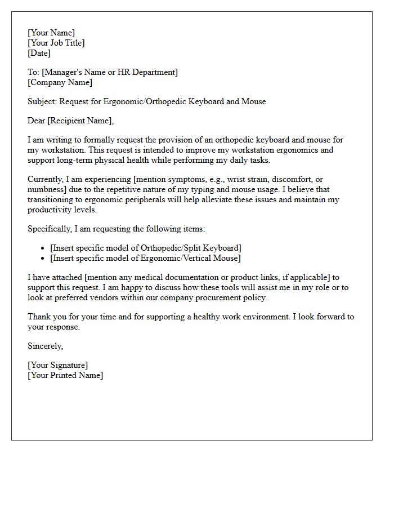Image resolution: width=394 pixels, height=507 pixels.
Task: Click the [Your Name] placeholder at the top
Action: (x=51, y=33)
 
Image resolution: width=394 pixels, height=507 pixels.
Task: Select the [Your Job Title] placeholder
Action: (x=56, y=43)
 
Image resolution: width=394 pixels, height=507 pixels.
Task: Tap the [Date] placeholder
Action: (x=39, y=53)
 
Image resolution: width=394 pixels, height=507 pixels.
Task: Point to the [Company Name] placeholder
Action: (x=60, y=82)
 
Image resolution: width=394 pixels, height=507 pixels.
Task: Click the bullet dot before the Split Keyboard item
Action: (x=43, y=248)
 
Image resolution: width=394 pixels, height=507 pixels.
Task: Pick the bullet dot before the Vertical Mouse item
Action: (x=43, y=259)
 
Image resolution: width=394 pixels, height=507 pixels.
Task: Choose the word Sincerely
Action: (x=46, y=346)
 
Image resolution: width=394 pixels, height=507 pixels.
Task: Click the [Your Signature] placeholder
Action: (x=57, y=365)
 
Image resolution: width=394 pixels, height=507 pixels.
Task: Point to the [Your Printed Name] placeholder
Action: (x=65, y=375)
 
